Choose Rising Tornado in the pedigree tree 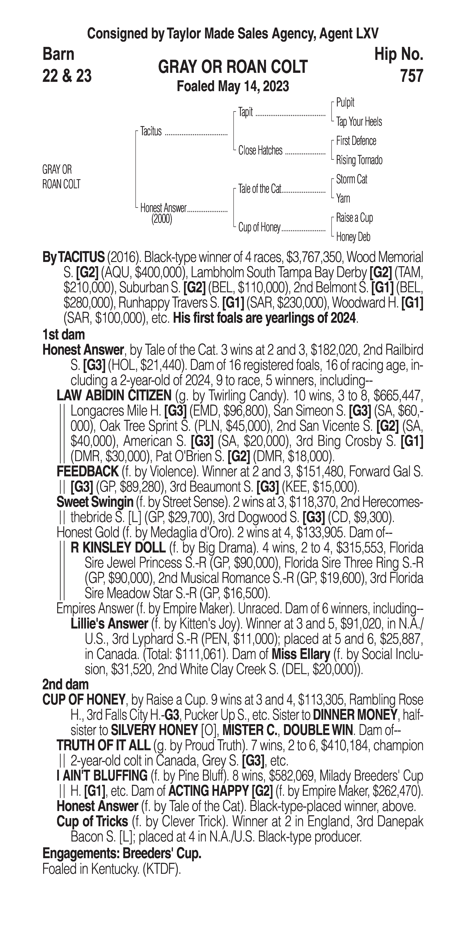[x=359, y=160]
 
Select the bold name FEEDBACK [x=88, y=471]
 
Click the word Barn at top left [x=58, y=54]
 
